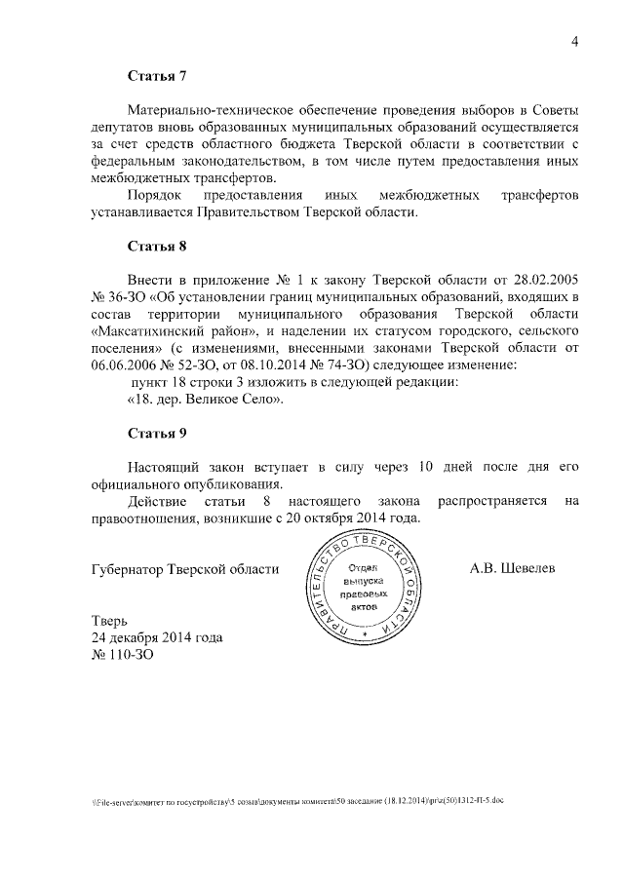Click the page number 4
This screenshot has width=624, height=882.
pyautogui.click(x=575, y=41)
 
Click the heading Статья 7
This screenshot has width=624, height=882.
pyautogui.click(x=157, y=75)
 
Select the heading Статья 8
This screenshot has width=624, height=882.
pyautogui.click(x=157, y=247)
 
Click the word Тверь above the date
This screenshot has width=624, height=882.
pyautogui.click(x=108, y=621)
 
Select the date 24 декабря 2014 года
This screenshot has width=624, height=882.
pyautogui.click(x=156, y=637)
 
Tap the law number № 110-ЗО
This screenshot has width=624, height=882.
pyautogui.click(x=121, y=655)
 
